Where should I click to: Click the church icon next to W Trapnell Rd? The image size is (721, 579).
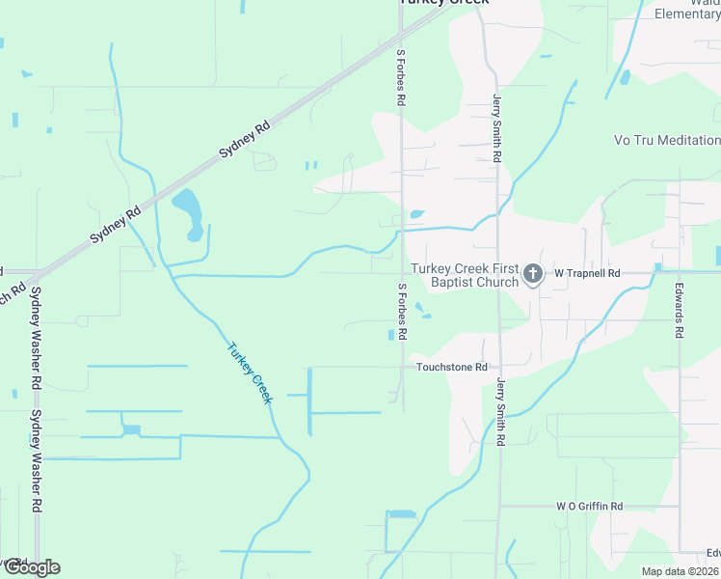(532, 275)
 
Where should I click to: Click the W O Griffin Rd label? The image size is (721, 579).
(589, 506)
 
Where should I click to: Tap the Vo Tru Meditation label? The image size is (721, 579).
(666, 140)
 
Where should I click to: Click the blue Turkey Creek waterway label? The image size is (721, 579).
(250, 373)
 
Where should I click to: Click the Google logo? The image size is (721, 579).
(31, 567)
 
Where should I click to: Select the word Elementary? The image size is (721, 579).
(687, 14)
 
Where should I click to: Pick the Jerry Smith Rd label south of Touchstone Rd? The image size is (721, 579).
(500, 411)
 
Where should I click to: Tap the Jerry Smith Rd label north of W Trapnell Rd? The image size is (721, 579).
(497, 127)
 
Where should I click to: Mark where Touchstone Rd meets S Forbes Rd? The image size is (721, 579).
(403, 368)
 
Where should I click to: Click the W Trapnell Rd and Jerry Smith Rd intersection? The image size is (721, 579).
(498, 273)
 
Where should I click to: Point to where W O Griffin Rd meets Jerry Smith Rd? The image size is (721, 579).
(499, 506)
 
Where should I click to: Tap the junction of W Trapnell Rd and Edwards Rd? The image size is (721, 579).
(680, 271)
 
